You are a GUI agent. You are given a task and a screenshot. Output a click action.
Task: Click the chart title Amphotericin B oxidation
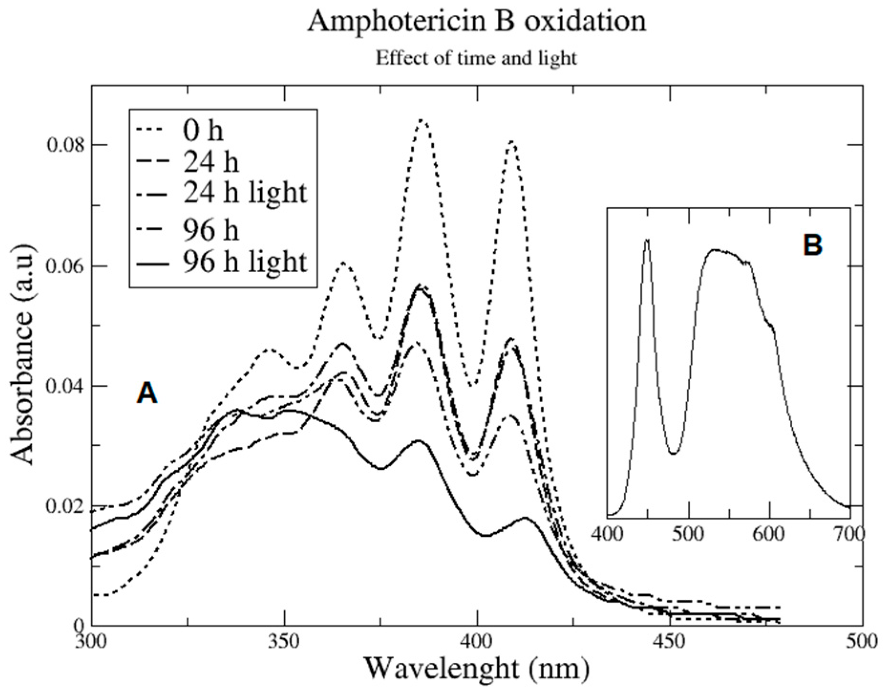point(476,21)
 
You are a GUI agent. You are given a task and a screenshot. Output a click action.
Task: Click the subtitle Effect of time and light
point(476,58)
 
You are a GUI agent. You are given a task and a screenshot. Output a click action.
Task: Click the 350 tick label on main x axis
point(284,641)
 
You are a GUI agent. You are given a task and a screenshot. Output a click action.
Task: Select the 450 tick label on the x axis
point(670,641)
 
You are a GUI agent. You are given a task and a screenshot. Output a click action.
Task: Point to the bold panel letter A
point(147,394)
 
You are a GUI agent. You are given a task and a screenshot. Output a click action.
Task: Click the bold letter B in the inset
point(812,245)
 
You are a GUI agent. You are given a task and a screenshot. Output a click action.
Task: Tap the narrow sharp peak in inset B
point(647,240)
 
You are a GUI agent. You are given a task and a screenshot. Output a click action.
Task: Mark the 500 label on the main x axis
point(862,641)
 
